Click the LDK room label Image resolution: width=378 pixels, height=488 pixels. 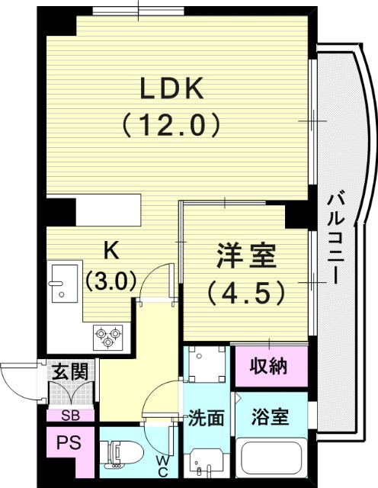click(x=171, y=89)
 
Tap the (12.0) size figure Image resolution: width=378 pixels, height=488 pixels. click(x=171, y=124)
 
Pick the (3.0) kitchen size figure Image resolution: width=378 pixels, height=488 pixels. click(x=111, y=280)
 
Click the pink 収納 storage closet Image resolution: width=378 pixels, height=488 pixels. click(x=269, y=366)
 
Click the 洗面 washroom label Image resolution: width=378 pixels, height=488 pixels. click(x=206, y=418)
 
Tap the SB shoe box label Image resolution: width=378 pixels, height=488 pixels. click(x=69, y=416)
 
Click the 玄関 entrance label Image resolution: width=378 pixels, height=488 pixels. click(x=70, y=372)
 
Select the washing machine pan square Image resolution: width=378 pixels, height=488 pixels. click(x=206, y=364)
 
